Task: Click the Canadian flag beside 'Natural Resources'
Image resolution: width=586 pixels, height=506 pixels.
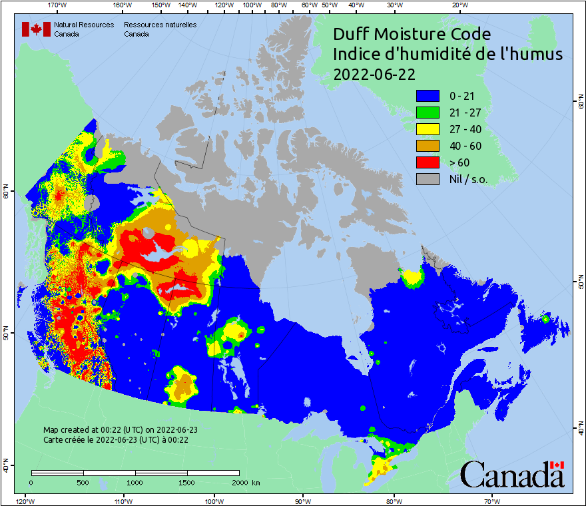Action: coord(36,29)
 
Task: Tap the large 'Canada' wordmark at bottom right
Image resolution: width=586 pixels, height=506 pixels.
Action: coord(512,475)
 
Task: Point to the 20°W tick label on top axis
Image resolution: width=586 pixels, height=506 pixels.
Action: coord(458,5)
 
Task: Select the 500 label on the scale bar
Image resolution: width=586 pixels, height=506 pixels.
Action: coord(83,482)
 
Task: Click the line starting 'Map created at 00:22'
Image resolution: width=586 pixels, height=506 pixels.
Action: coord(121,430)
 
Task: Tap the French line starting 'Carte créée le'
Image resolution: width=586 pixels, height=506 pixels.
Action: coord(116,439)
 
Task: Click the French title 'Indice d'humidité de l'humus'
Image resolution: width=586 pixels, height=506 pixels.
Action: coord(447,55)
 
